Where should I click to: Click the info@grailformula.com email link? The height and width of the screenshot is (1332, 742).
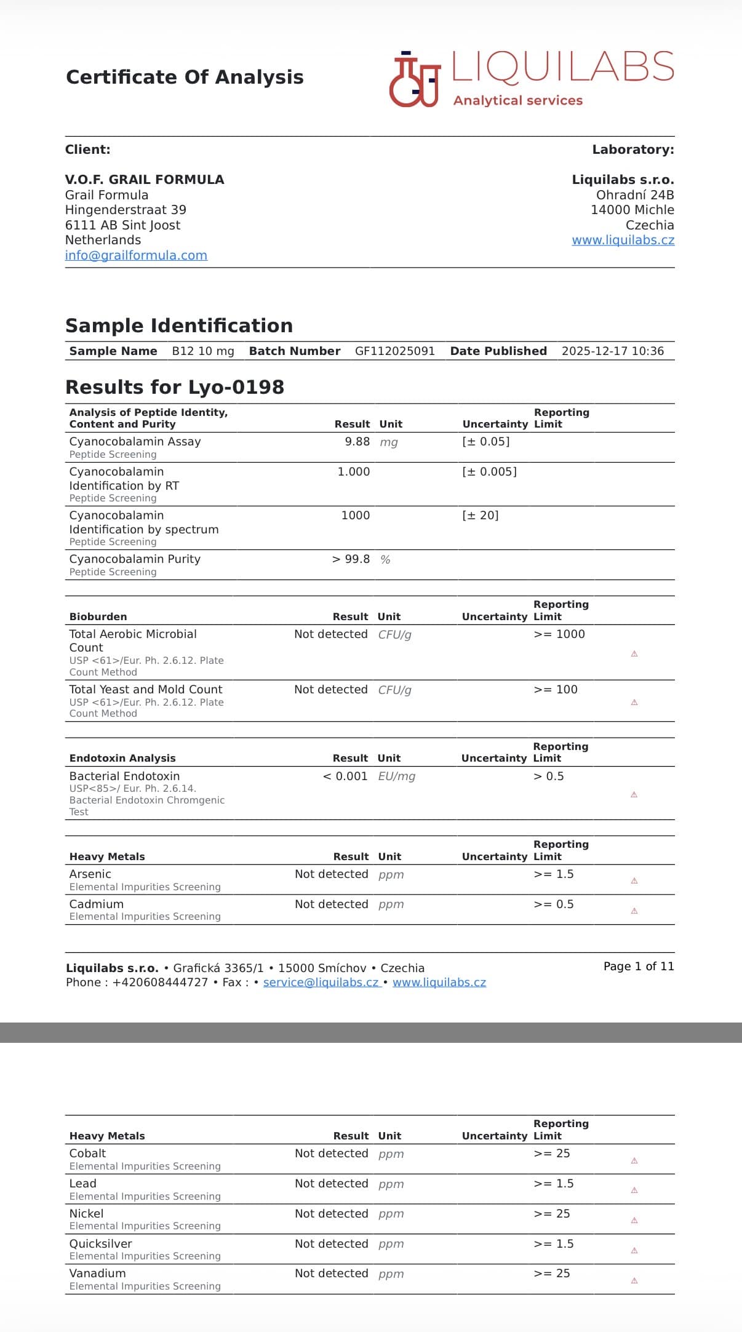click(136, 255)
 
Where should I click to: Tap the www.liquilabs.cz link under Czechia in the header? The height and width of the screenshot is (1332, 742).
click(623, 241)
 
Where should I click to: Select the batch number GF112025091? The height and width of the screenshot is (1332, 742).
click(394, 351)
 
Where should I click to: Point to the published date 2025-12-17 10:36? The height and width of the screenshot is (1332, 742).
click(612, 351)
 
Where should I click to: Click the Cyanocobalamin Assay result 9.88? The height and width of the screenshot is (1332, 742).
click(357, 442)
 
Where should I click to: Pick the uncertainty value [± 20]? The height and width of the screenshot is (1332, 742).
click(480, 516)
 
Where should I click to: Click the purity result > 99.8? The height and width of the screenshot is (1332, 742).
click(351, 559)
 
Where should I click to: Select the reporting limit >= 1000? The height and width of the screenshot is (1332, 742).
click(559, 634)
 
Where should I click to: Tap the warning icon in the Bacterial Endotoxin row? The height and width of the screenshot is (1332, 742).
click(634, 795)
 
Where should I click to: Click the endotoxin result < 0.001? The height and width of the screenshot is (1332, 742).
click(345, 776)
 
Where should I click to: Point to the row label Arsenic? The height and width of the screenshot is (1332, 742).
click(90, 874)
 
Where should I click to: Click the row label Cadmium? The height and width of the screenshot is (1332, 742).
click(97, 904)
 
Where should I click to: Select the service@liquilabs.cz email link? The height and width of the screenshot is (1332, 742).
click(321, 983)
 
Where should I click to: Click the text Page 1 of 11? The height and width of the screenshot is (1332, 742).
click(639, 967)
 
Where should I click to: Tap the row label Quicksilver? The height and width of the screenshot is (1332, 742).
click(100, 1244)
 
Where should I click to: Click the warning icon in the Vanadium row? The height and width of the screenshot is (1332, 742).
click(634, 1281)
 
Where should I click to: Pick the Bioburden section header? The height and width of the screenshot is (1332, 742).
click(98, 617)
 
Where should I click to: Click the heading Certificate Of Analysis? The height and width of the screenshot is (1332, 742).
click(185, 78)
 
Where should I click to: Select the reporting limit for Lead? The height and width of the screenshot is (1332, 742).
click(553, 1184)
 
